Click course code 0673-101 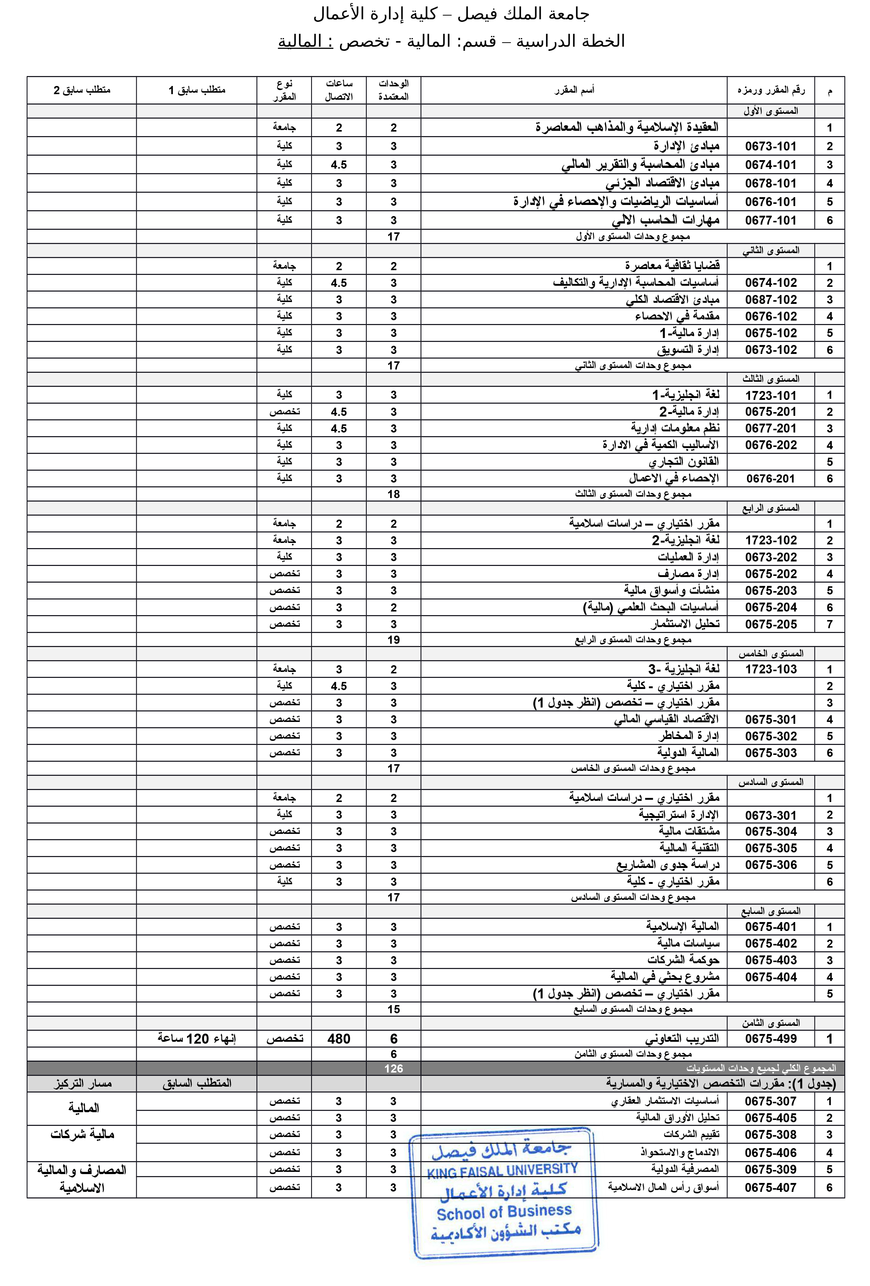click(770, 146)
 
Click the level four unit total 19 click(393, 640)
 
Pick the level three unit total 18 click(393, 494)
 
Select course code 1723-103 click(770, 669)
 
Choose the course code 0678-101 click(770, 183)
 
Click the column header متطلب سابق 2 click(82, 90)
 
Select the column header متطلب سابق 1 click(197, 90)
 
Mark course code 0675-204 click(770, 607)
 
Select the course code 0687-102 click(770, 299)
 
